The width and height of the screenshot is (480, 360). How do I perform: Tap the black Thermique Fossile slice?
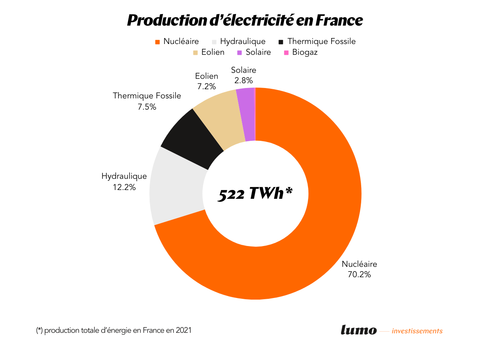192,138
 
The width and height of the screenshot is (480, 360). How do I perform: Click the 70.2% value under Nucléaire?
359,274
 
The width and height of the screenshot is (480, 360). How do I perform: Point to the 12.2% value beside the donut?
124,186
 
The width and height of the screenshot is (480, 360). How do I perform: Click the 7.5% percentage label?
146,106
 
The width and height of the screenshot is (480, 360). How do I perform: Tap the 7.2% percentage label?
206,86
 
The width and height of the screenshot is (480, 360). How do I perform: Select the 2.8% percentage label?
244,80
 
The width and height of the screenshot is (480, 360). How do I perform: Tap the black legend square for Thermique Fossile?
281,42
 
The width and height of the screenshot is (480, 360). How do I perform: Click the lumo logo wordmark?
358,330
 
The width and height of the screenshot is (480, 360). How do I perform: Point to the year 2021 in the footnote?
183,330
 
